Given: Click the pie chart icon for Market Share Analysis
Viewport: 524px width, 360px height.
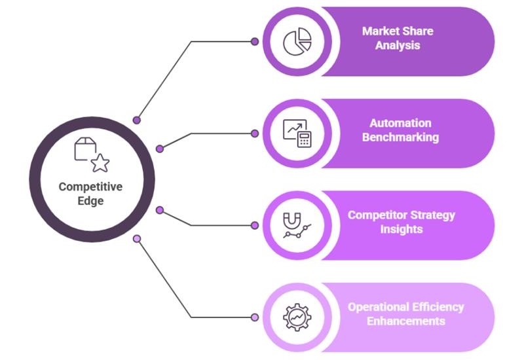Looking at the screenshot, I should coord(297,41).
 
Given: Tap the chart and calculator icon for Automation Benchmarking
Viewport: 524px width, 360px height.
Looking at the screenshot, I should coord(297,133).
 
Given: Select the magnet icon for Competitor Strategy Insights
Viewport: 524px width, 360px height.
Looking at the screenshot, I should coord(297,225).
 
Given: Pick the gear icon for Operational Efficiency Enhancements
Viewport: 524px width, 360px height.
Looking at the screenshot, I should coord(297,317).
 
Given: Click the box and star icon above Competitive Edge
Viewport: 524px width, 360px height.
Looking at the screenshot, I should coord(91,154).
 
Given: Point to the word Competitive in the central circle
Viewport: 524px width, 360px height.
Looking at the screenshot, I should coord(90,187).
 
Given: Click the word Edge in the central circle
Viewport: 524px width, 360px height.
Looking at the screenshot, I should coord(90,202).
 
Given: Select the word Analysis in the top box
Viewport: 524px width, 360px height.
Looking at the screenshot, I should coord(398,46).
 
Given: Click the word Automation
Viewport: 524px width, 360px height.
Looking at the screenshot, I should coord(400,123).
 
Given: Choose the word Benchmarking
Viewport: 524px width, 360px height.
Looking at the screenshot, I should coord(400,137).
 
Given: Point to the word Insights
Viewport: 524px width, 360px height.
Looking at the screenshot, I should coord(401,229).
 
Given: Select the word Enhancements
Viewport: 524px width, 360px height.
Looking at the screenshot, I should coord(406,321).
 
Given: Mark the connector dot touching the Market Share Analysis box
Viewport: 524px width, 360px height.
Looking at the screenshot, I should coord(255,41).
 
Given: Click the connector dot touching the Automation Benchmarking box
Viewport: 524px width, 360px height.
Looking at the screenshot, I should coord(255,133).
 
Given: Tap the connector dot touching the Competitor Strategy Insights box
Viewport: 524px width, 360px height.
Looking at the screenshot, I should coord(255,225).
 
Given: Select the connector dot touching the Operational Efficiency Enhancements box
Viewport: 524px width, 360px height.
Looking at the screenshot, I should coord(255,317).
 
